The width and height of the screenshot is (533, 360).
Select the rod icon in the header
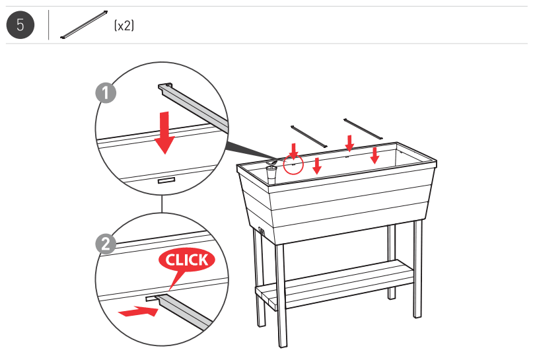(x=84, y=25)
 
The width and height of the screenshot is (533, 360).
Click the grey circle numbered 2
(x=106, y=244)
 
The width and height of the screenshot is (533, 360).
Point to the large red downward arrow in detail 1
(x=164, y=132)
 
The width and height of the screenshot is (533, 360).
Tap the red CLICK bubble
(x=186, y=260)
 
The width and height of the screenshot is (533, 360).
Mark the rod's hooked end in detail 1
(x=165, y=86)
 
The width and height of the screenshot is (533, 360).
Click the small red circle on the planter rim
(x=293, y=163)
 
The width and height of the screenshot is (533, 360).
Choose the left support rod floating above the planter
(x=308, y=134)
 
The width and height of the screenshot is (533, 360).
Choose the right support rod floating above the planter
(x=363, y=129)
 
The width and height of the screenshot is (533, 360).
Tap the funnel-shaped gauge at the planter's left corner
(x=271, y=173)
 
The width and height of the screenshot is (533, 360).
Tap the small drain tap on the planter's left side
(x=261, y=232)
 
